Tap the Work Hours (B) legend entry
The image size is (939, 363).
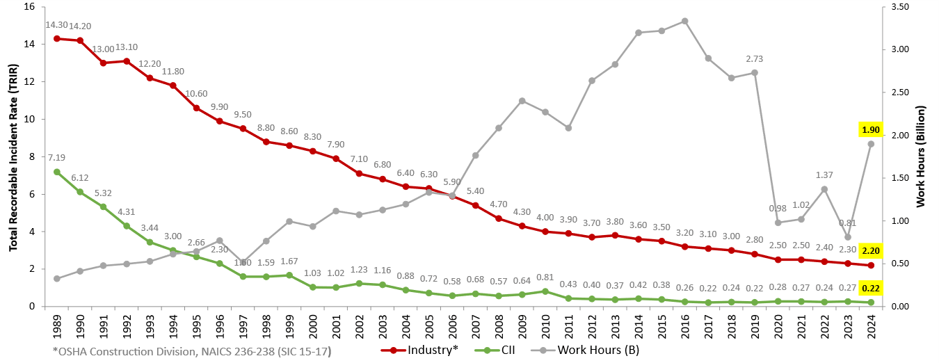[587, 350]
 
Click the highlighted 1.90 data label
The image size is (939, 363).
[871, 129]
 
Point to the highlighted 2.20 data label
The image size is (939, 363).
[871, 250]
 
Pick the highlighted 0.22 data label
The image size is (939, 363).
[871, 288]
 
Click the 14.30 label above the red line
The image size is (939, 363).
[56, 25]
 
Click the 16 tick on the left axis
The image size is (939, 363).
[30, 7]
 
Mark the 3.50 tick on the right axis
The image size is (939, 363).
[900, 7]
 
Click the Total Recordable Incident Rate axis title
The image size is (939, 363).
[13, 156]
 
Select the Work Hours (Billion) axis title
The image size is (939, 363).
[922, 156]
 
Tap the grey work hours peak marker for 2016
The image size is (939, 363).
[684, 21]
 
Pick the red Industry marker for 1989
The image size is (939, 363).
[56, 38]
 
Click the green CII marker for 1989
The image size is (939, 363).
[56, 172]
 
